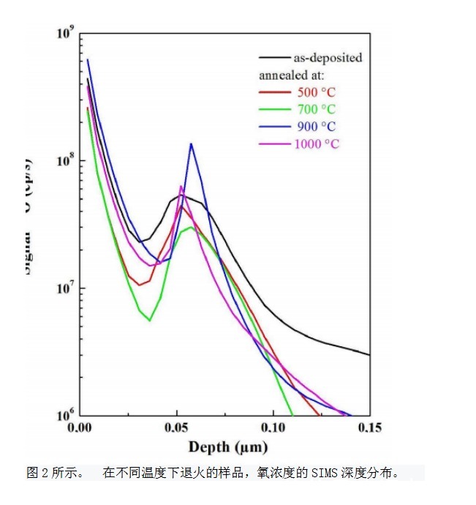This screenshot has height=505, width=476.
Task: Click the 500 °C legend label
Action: pyautogui.click(x=317, y=92)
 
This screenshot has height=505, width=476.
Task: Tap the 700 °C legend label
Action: pyautogui.click(x=317, y=110)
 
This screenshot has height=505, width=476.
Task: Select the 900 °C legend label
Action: pyautogui.click(x=317, y=127)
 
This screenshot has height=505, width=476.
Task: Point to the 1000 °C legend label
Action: pyautogui.click(x=317, y=143)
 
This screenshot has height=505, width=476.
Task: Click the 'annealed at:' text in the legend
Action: pyautogui.click(x=292, y=75)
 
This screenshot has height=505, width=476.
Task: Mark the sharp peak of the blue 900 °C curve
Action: pyautogui.click(x=191, y=144)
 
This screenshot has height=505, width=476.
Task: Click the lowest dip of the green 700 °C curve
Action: pyautogui.click(x=149, y=320)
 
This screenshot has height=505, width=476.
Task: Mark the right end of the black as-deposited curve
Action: pyautogui.click(x=369, y=355)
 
